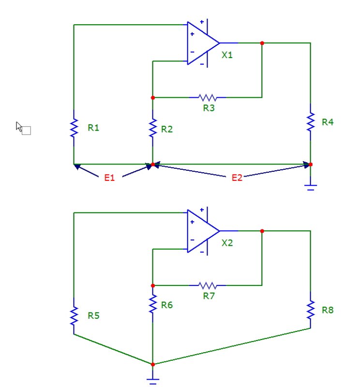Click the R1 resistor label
[93, 128]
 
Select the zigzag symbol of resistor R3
[208, 98]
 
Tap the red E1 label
[109, 178]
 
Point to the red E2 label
[237, 178]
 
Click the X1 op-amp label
[227, 55]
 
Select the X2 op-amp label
[227, 243]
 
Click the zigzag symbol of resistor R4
[311, 122]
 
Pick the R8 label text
[328, 310]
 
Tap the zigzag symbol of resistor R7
[208, 285]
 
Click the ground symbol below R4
[311, 187]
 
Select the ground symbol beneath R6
[153, 381]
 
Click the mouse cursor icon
[23, 128]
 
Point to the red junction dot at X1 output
[262, 43]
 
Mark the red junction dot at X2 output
[262, 231]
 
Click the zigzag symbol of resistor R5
[74, 316]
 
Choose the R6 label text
[167, 305]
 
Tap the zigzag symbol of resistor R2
[153, 128]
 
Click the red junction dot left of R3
[153, 98]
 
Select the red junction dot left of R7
[153, 285]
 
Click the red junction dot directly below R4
[311, 164]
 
